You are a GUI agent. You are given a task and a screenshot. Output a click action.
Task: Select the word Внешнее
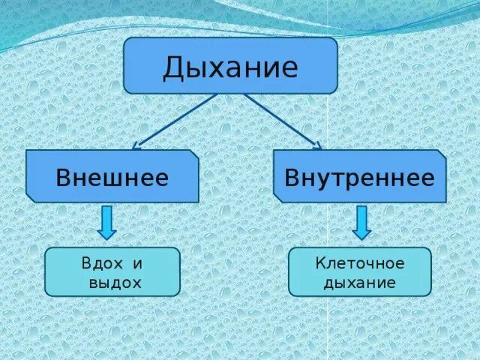point(112,178)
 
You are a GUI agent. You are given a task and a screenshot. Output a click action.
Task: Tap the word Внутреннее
point(359,178)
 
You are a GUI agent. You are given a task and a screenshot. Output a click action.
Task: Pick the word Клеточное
point(360,263)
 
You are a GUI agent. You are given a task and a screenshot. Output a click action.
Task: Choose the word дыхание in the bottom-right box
point(360,283)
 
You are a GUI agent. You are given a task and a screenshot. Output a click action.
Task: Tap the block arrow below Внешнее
point(107,223)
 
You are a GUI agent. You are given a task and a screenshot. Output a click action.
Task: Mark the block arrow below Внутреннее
point(362,223)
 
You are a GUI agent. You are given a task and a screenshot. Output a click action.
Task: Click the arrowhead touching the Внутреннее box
point(317,145)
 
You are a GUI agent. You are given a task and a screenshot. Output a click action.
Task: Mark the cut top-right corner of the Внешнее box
point(194,154)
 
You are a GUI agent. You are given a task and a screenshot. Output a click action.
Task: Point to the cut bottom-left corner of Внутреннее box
point(278,198)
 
